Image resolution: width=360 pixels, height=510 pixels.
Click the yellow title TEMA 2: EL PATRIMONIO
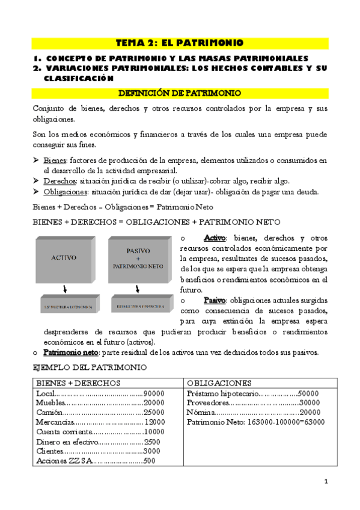pos(180,43)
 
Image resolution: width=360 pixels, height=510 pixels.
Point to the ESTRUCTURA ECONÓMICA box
pos(67,307)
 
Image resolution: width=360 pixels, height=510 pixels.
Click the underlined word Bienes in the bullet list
pos(55,161)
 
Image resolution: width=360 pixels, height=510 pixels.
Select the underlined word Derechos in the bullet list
pos(59,181)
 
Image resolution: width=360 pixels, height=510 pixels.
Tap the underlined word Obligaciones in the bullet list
pos(65,192)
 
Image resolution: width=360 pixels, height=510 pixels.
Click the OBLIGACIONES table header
pos(219,383)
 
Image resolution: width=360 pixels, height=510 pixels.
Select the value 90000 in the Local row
pos(154,393)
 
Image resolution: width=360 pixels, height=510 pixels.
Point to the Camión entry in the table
pos(48,413)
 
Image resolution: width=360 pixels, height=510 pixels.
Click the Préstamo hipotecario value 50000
pos(308,393)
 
